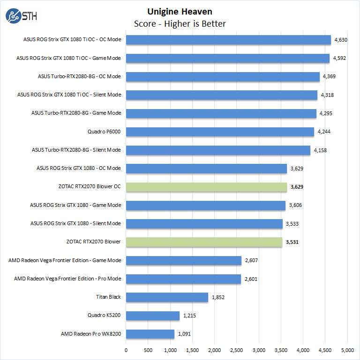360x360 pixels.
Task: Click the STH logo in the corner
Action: pos(21,16)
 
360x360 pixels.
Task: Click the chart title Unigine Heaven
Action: pos(180,11)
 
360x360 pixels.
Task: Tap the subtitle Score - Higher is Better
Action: pos(180,24)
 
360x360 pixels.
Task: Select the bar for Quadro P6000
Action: pos(220,132)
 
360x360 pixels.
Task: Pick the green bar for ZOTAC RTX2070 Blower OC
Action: pos(206,187)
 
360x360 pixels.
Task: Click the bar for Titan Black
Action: pos(167,297)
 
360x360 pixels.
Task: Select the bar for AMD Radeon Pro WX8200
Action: pos(150,334)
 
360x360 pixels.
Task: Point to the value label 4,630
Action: pos(340,40)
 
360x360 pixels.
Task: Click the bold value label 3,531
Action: pos(292,242)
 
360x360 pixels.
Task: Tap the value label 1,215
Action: pos(189,316)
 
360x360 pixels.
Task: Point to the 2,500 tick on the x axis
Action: pos(237,350)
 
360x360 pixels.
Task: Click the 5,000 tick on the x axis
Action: pos(347,350)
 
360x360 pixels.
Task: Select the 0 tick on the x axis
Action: pos(126,350)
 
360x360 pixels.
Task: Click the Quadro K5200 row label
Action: pos(104,316)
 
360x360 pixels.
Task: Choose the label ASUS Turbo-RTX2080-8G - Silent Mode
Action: pos(76,150)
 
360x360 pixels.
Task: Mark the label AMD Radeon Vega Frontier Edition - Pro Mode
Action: pos(67,279)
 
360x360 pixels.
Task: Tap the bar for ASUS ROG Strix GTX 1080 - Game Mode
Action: pos(205,206)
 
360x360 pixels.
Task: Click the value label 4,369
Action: pos(328,77)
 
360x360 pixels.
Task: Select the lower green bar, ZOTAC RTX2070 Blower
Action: pos(204,242)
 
